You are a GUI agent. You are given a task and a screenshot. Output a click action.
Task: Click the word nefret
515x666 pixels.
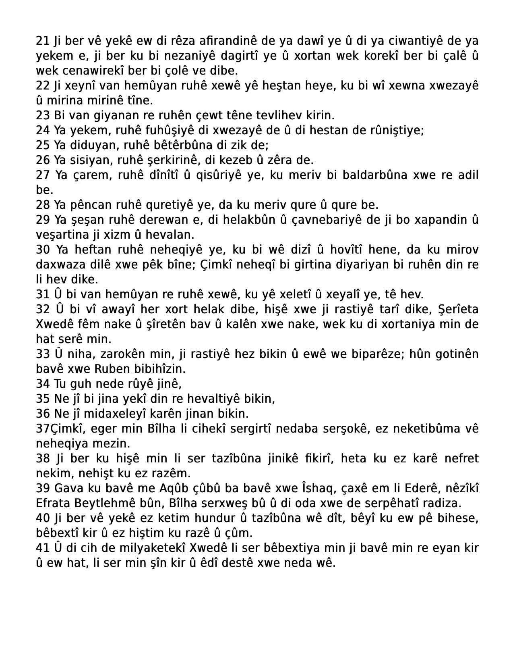[461, 458]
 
